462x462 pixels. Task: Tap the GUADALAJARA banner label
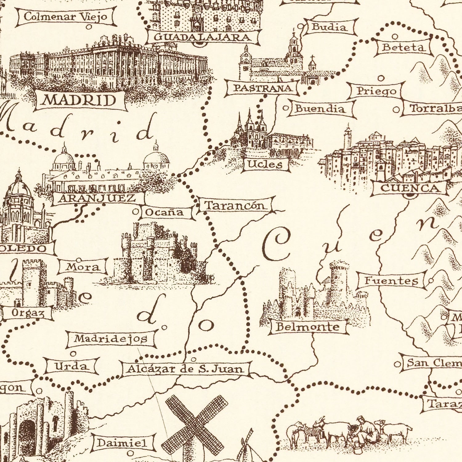(203, 38)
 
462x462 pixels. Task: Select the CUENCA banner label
(410, 188)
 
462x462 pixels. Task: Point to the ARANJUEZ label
(98, 198)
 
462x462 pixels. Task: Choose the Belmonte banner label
(308, 327)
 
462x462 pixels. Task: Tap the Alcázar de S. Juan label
(186, 369)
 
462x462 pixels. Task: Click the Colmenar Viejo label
(66, 17)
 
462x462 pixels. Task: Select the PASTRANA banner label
(262, 88)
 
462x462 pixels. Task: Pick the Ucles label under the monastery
(265, 164)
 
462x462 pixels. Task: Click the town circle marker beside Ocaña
(136, 212)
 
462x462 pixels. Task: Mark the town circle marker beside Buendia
(286, 108)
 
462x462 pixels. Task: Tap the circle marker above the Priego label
(381, 78)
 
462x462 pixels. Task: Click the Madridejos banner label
(111, 339)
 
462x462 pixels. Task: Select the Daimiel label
(123, 443)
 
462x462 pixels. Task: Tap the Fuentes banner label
(391, 281)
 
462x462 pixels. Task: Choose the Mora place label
(83, 267)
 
